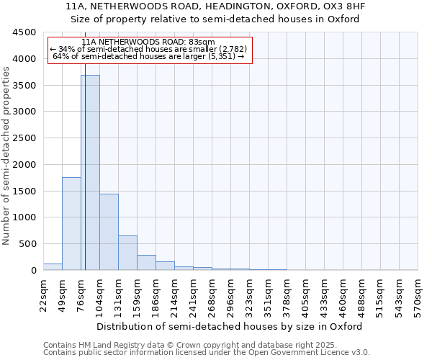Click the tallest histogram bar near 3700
[x=90, y=173]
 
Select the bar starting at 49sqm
[x=71, y=223]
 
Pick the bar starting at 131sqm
[x=127, y=253]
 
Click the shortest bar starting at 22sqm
[x=53, y=267]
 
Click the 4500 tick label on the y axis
[x=24, y=32]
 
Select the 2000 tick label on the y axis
[x=24, y=164]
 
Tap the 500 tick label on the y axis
[x=27, y=244]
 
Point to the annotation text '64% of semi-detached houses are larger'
[x=150, y=56]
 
